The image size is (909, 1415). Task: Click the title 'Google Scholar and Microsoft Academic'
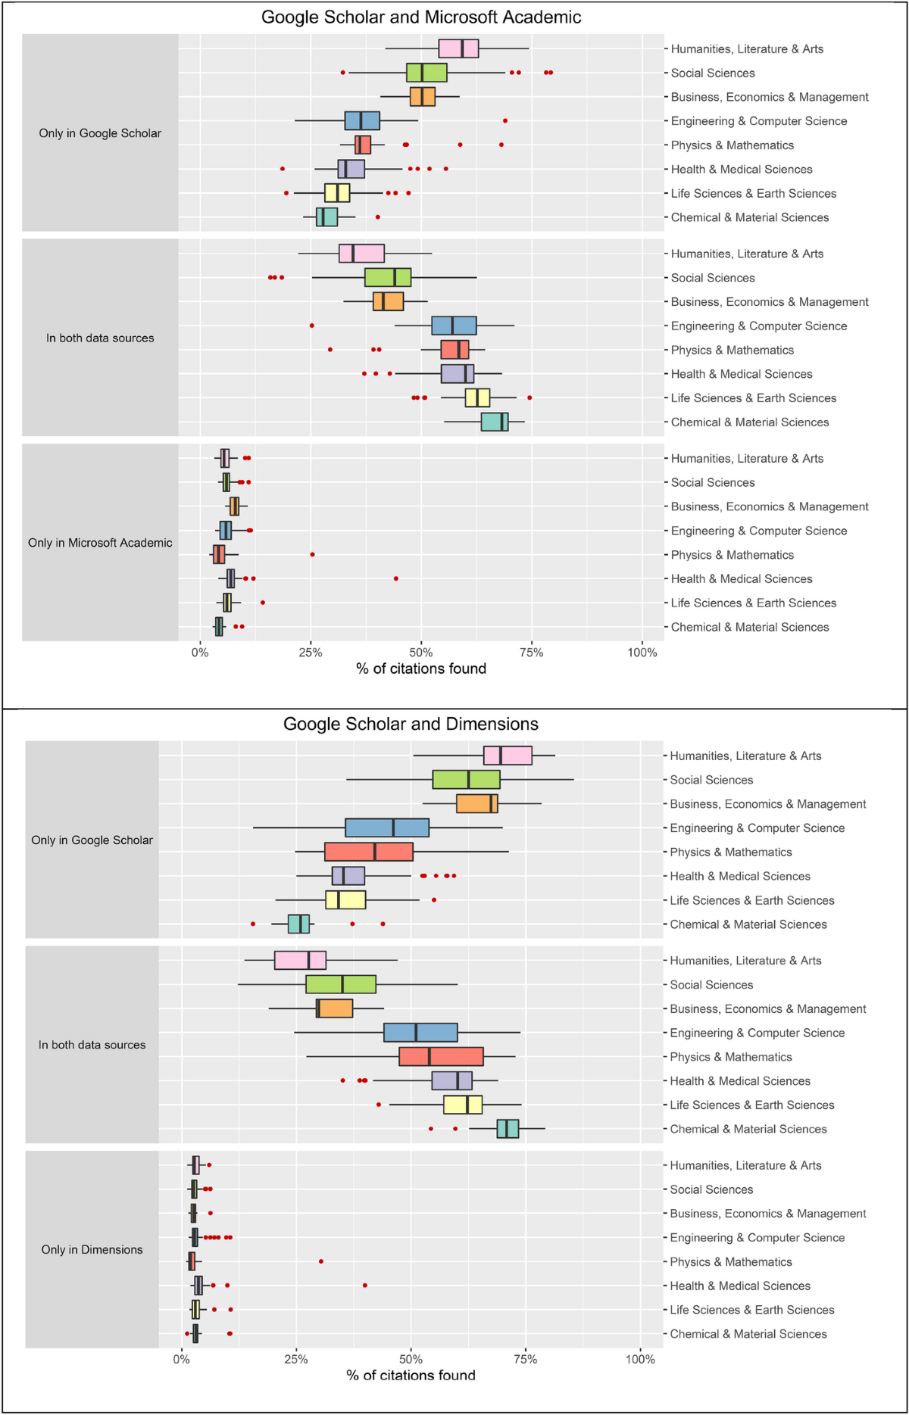pyautogui.click(x=421, y=17)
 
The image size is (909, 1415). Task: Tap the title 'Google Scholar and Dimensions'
pyautogui.click(x=411, y=724)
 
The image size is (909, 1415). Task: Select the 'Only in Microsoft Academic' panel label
pyautogui.click(x=100, y=543)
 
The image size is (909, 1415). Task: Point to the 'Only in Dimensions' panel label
pyautogui.click(x=92, y=1249)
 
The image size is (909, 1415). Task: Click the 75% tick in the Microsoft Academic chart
pyautogui.click(x=532, y=653)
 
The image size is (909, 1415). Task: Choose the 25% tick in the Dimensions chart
pyautogui.click(x=296, y=1359)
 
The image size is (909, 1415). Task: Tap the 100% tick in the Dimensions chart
pyautogui.click(x=640, y=1359)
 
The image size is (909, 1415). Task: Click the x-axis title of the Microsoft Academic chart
pyautogui.click(x=421, y=669)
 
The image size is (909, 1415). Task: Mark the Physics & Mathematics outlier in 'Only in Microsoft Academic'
pyautogui.click(x=312, y=555)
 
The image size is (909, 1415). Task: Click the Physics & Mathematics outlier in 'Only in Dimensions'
pyautogui.click(x=321, y=1261)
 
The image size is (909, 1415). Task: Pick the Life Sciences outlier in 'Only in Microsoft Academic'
pyautogui.click(x=263, y=603)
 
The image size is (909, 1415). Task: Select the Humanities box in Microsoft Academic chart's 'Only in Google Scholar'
pyautogui.click(x=458, y=48)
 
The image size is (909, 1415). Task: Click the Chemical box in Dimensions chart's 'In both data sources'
pyautogui.click(x=508, y=1129)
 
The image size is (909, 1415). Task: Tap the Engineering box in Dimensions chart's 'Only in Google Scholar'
pyautogui.click(x=387, y=828)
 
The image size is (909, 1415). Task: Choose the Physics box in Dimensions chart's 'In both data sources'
pyautogui.click(x=441, y=1057)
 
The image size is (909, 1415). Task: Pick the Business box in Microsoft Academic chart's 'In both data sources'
pyautogui.click(x=388, y=301)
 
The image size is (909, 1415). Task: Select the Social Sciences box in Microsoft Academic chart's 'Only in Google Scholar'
pyautogui.click(x=426, y=73)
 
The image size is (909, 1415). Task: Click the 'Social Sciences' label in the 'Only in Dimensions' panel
pyautogui.click(x=711, y=1189)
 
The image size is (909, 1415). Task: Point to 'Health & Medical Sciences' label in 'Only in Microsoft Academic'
pyautogui.click(x=741, y=579)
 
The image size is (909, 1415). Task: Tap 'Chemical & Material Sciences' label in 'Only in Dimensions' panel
pyautogui.click(x=748, y=1334)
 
